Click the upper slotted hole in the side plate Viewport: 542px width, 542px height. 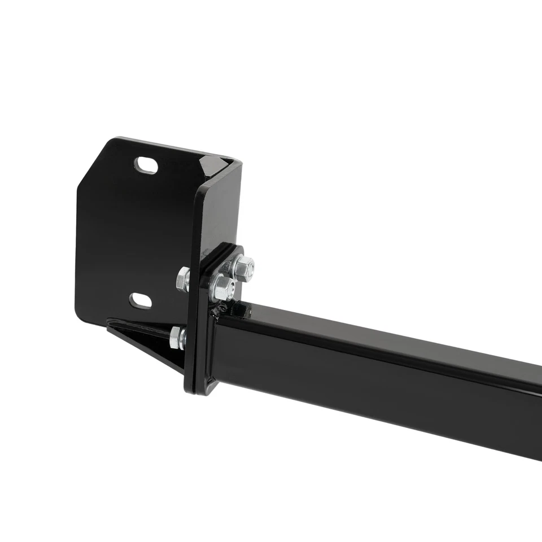click(146, 165)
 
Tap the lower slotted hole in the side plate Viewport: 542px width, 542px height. click(141, 301)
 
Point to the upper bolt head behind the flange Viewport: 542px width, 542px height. click(183, 279)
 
